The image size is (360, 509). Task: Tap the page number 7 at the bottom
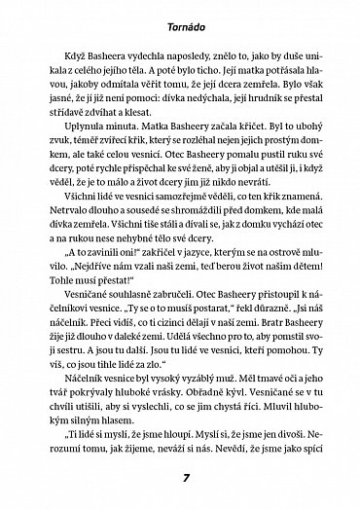pos(180,479)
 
